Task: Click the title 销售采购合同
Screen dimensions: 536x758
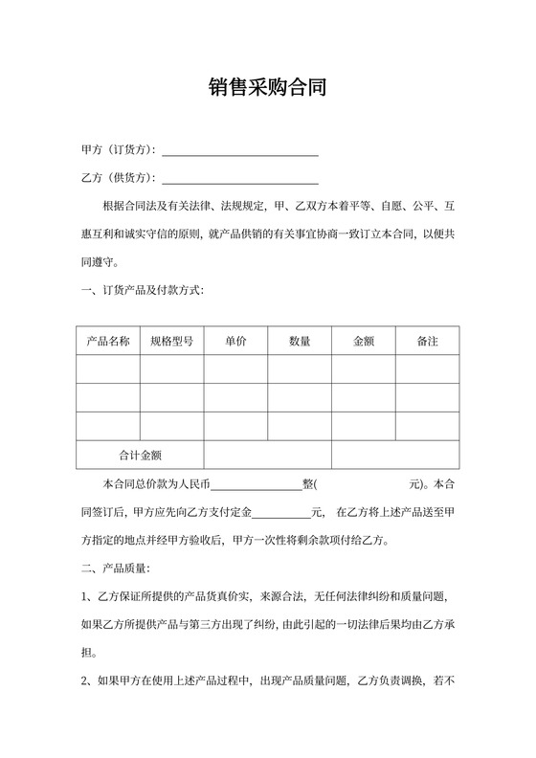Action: click(x=268, y=89)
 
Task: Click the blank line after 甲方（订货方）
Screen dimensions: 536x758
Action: click(x=240, y=151)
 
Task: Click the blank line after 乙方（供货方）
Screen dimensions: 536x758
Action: click(x=240, y=179)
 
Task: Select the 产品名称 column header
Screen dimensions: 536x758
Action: click(x=108, y=341)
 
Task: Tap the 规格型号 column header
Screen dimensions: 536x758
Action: click(x=171, y=341)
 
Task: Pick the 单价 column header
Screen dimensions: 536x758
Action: click(x=235, y=341)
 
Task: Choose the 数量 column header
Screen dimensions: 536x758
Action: click(x=300, y=341)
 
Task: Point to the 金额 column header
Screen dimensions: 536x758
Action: click(x=364, y=341)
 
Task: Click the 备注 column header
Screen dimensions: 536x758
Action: click(x=428, y=341)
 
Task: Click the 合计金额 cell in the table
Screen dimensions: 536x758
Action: click(x=140, y=456)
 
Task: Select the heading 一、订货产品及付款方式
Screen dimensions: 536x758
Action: click(x=143, y=290)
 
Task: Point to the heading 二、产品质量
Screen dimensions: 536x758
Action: click(x=116, y=568)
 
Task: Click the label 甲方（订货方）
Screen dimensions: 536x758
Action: click(x=120, y=151)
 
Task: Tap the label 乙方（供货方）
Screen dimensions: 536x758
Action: click(x=120, y=179)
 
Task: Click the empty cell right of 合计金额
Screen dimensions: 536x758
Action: click(x=267, y=456)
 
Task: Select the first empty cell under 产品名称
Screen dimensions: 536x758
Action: click(x=108, y=369)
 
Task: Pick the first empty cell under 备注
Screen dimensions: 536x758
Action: click(x=428, y=369)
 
